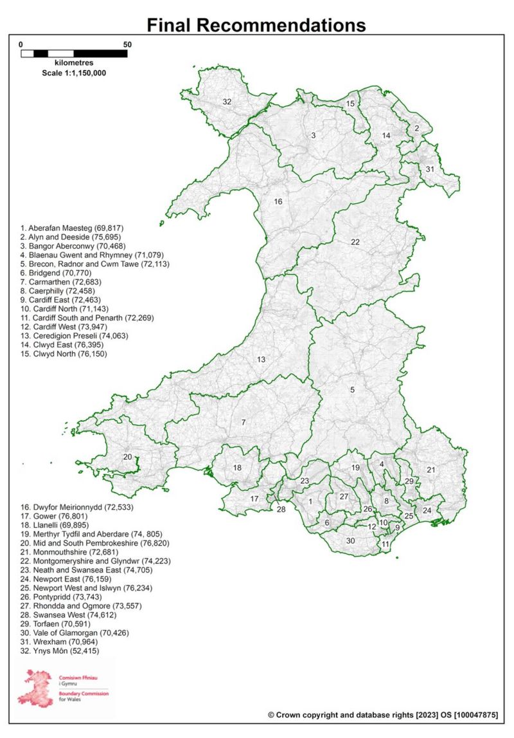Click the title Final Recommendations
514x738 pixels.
pyautogui.click(x=256, y=25)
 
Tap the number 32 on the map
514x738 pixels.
pyautogui.click(x=227, y=102)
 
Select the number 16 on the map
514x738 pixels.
pyautogui.click(x=278, y=201)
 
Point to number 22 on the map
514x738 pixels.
pyautogui.click(x=355, y=242)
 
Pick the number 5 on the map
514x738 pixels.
pyautogui.click(x=352, y=389)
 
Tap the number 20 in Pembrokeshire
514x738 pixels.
pyautogui.click(x=128, y=457)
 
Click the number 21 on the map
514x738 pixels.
pyautogui.click(x=430, y=470)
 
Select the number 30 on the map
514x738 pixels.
pyautogui.click(x=350, y=540)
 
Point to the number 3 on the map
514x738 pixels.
pyautogui.click(x=313, y=135)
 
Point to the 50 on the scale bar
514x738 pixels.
pyautogui.click(x=127, y=44)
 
